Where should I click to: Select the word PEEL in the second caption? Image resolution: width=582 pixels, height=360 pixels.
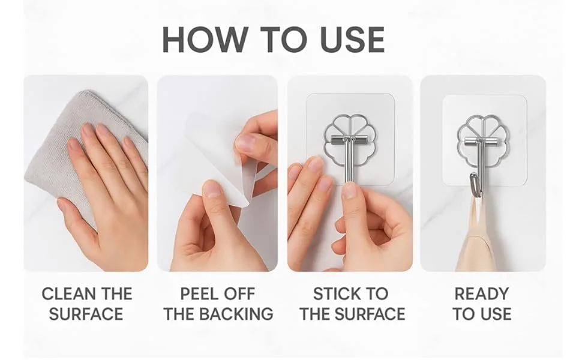[x=200, y=294]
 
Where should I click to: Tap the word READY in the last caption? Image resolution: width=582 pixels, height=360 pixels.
[x=482, y=294]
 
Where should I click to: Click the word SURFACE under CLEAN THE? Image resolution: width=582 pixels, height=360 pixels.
[x=86, y=314]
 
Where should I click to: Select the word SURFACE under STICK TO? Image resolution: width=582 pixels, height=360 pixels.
[x=369, y=314]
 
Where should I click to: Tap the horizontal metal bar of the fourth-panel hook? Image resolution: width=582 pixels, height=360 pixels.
[x=482, y=141]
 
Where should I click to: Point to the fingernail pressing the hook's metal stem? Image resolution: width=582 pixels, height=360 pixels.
[x=350, y=190]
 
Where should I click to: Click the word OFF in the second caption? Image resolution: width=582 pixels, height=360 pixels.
[x=238, y=294]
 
